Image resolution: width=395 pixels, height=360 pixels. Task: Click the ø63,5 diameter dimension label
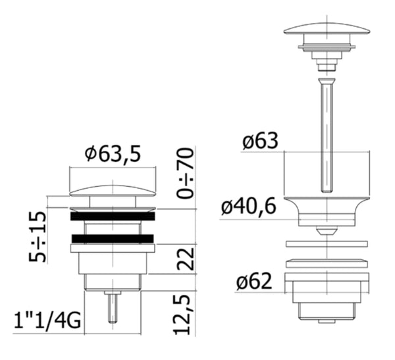113,154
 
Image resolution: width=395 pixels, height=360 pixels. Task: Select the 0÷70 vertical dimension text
186,173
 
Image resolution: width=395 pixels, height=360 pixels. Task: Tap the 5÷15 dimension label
38,237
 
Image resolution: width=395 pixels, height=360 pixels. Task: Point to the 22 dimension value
186,259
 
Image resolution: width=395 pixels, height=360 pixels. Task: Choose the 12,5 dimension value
182,315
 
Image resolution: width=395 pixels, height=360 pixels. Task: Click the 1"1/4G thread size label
47,321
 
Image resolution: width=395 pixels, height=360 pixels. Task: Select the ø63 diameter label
260,141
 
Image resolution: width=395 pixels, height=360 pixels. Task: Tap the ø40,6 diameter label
249,207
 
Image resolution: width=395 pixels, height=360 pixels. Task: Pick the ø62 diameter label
254,281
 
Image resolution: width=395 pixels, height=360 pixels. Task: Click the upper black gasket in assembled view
113,217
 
